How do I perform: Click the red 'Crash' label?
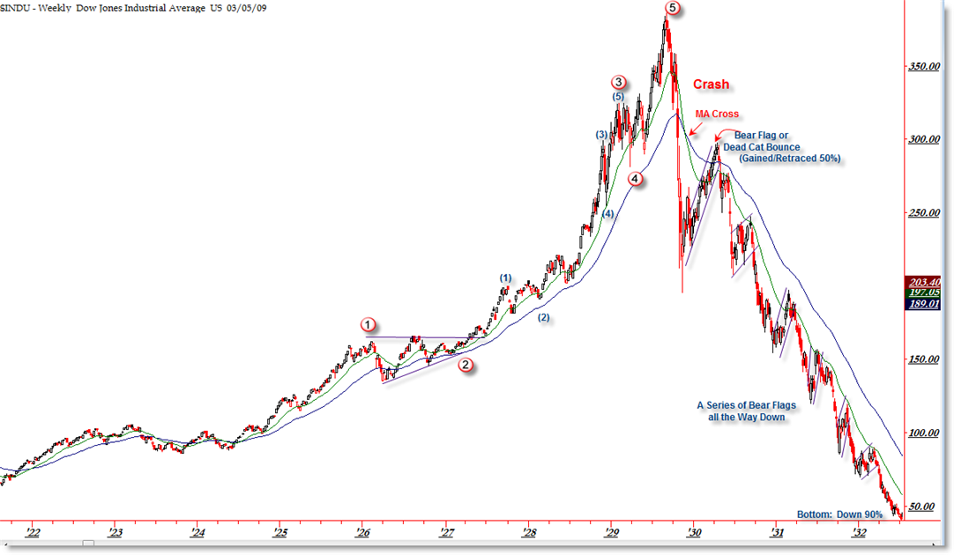(711, 85)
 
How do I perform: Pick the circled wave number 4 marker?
(636, 179)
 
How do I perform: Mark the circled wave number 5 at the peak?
(673, 8)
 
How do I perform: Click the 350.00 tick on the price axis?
(926, 66)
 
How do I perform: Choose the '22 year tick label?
(33, 532)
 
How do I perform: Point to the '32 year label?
(860, 532)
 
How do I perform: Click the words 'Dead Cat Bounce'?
(762, 146)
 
